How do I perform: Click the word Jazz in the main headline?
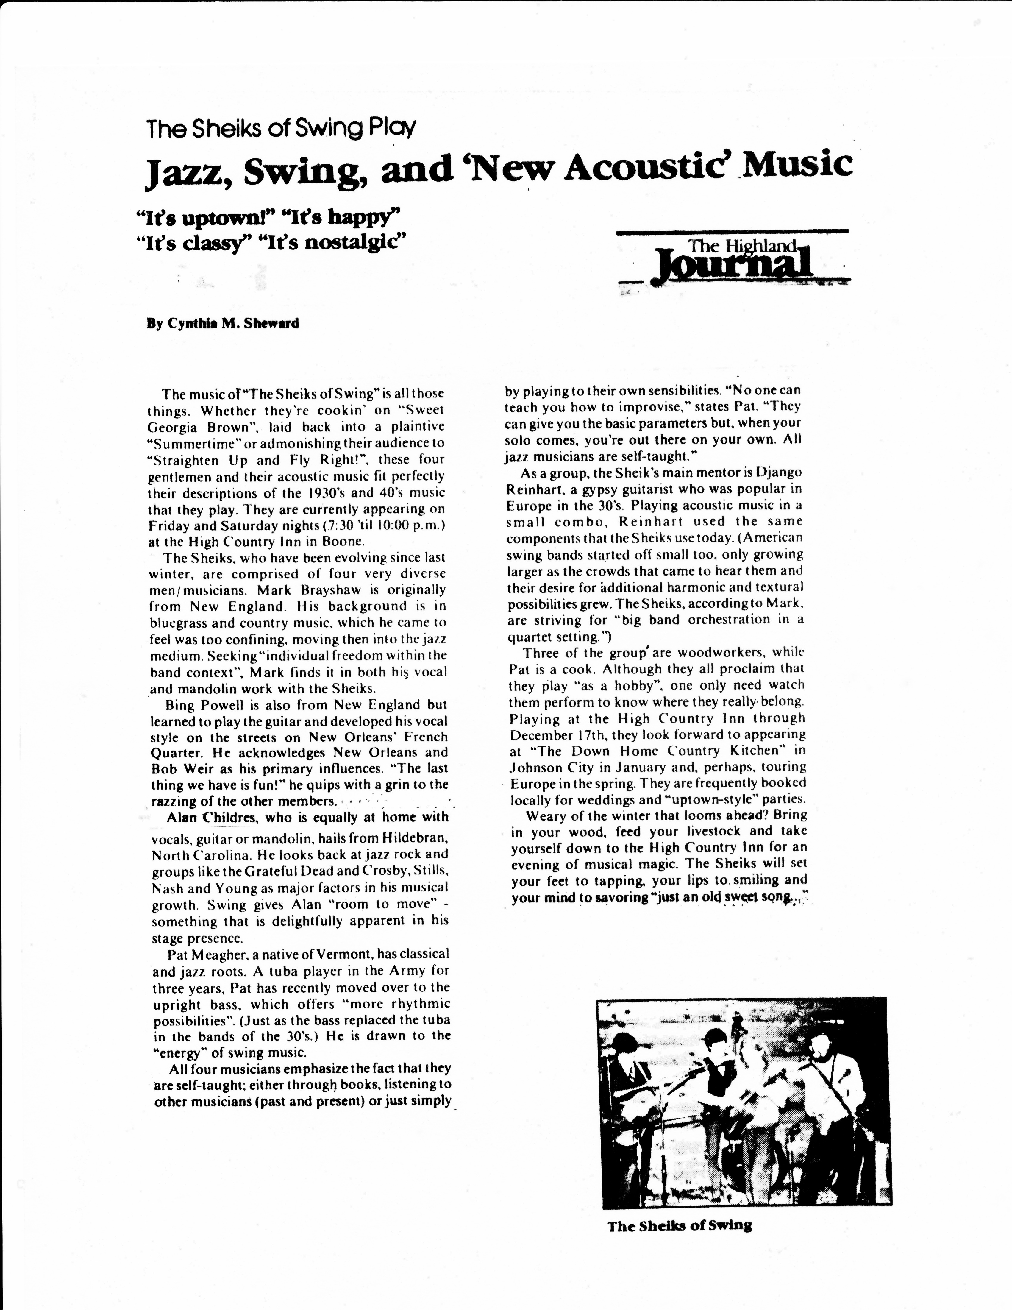click(x=180, y=170)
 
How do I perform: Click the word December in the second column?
click(x=540, y=735)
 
